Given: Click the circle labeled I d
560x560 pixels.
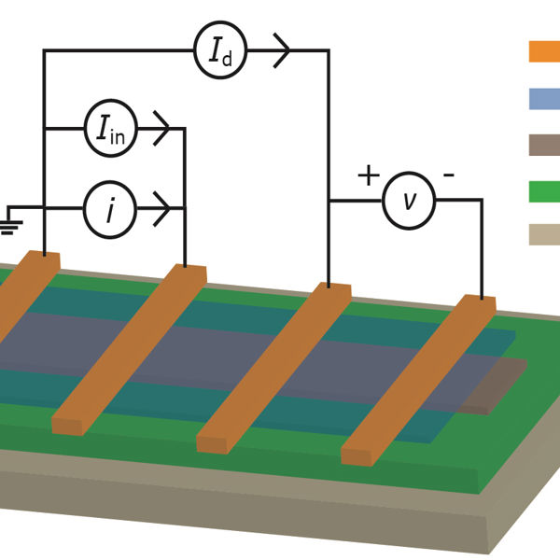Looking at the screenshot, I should pyautogui.click(x=220, y=51).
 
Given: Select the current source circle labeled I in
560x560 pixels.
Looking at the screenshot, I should pyautogui.click(x=111, y=129).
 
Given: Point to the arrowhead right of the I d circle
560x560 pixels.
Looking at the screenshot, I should pyautogui.click(x=281, y=51).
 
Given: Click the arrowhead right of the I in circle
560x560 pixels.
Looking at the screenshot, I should pyautogui.click(x=161, y=129).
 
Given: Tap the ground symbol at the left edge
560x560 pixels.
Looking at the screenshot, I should pyautogui.click(x=11, y=222).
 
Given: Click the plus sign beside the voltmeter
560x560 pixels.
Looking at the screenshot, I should pyautogui.click(x=369, y=175).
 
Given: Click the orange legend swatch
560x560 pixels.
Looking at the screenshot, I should pyautogui.click(x=544, y=51).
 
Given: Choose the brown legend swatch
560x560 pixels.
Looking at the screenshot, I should pyautogui.click(x=544, y=145).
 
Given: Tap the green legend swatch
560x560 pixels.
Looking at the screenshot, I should pyautogui.click(x=544, y=190).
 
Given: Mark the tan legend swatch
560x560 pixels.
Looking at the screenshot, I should pyautogui.click(x=544, y=234).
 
